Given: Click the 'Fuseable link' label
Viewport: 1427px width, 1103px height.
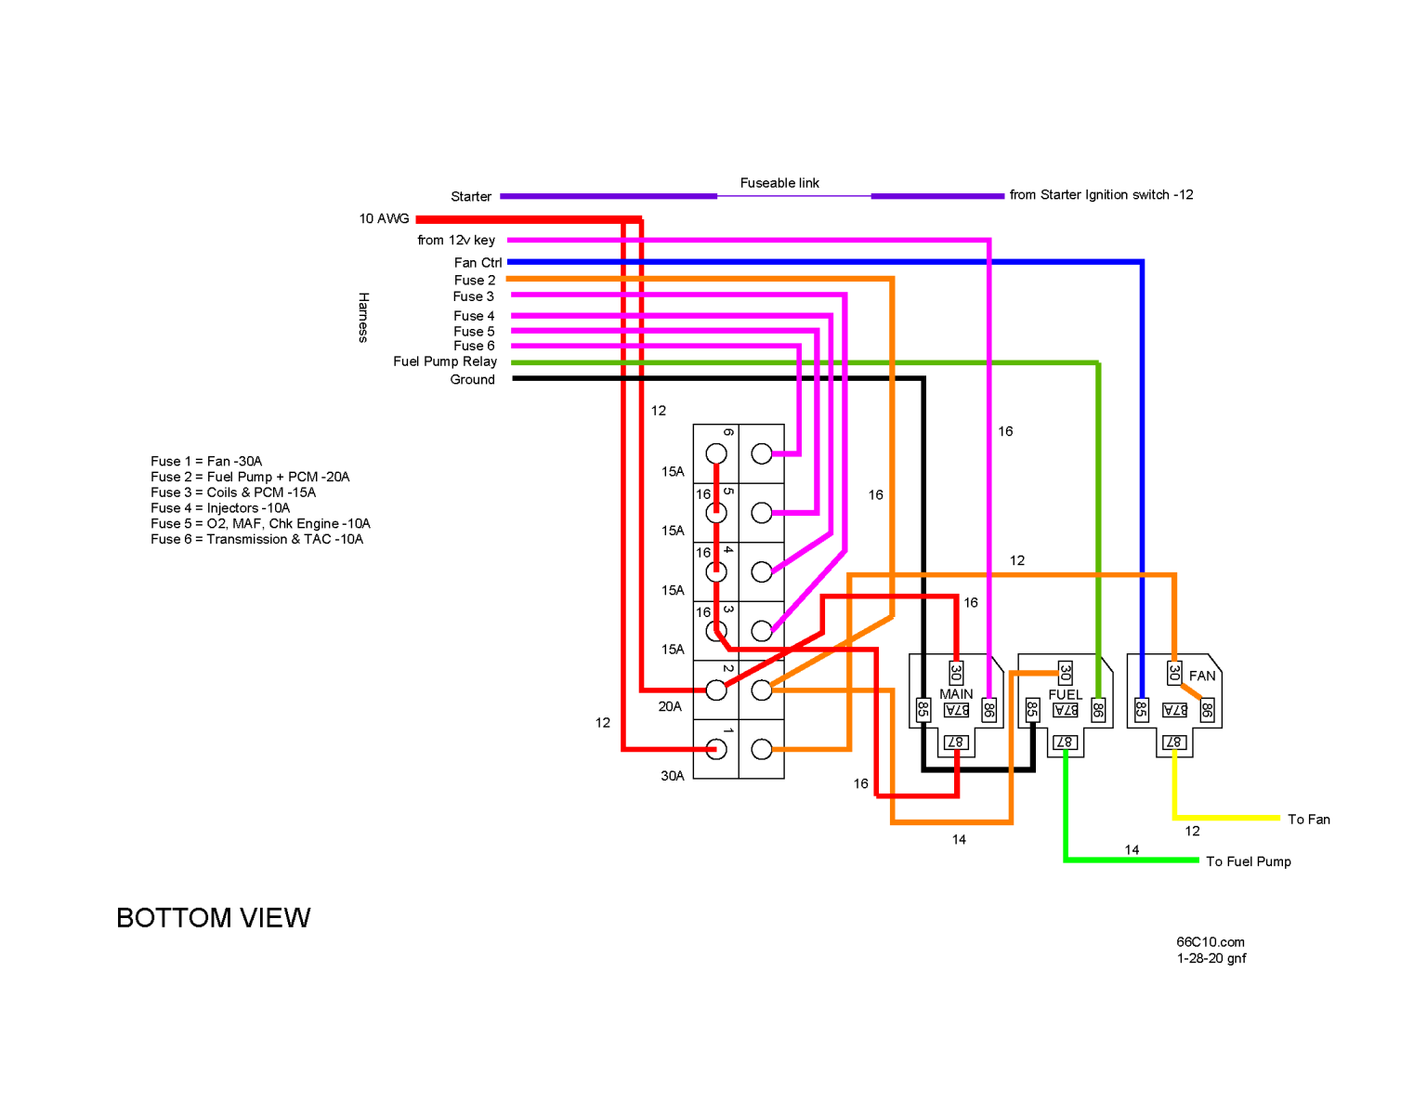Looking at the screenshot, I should coord(779,183).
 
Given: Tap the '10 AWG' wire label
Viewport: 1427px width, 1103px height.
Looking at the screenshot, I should coord(384,218).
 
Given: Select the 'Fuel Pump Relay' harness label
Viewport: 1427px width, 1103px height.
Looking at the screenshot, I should coord(444,361).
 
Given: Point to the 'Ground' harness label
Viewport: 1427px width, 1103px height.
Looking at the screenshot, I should coord(472,379).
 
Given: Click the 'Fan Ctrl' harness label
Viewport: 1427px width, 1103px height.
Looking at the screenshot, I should coord(478,263).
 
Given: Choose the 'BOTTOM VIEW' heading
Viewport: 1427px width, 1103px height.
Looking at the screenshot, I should coord(213,918).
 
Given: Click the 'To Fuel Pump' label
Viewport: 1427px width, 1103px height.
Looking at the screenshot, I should coord(1248,861).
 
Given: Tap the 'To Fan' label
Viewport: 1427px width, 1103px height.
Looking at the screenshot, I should coord(1308,820).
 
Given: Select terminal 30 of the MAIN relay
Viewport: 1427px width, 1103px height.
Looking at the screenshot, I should coord(955,672).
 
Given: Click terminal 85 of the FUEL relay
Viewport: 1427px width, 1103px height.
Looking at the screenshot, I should coord(1032,710).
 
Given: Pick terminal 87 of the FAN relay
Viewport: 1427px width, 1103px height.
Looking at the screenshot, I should coord(1174,742).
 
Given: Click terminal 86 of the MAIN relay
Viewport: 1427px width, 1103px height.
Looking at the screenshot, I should coord(989,711).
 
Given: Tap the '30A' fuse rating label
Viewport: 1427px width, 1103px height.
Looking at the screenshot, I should coord(673,776).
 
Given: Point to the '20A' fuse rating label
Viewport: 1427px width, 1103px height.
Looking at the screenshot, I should coord(670,706).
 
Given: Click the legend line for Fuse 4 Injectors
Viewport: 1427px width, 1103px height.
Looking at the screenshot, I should coord(220,508).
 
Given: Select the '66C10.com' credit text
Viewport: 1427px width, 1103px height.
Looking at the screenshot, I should coord(1210,942).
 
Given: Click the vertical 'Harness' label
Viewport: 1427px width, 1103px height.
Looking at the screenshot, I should coord(363,317).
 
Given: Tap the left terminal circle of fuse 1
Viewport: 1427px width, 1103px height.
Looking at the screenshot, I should coord(716,749).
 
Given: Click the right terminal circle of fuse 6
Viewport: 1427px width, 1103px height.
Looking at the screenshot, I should coord(762,454).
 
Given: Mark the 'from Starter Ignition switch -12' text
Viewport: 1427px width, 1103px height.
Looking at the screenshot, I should coord(1101,195).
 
